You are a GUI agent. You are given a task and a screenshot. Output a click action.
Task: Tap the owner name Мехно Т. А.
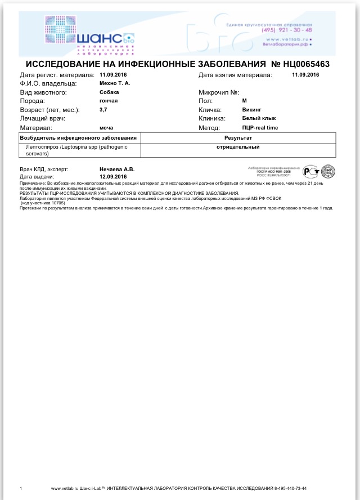point(115,83)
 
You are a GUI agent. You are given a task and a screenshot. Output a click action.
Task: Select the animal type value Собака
point(109,92)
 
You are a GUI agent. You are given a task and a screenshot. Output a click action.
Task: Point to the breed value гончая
point(109,101)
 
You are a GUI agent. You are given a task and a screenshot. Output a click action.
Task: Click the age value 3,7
point(103,110)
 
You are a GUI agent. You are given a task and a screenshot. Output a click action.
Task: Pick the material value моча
point(106,128)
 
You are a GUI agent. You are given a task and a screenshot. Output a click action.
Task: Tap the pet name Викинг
point(253,110)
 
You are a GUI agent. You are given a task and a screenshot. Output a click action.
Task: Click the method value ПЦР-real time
point(260,128)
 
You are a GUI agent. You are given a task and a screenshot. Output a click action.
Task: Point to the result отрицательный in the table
point(238,147)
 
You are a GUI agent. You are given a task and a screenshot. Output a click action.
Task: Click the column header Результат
point(238,137)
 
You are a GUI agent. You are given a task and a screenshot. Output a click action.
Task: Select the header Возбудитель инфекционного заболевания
point(78,137)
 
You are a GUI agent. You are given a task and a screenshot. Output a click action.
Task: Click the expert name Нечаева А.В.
point(117,169)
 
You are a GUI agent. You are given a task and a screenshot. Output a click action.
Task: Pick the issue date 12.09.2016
point(113,176)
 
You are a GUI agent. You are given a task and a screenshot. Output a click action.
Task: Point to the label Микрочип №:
point(219,92)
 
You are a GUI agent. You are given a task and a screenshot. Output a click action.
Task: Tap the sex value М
point(245,101)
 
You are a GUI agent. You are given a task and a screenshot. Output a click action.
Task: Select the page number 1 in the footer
point(21,488)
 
